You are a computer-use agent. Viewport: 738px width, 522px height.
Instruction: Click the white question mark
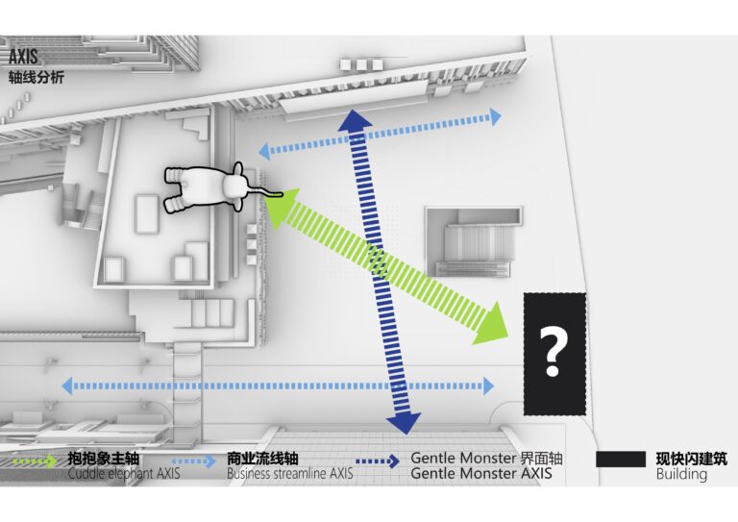(x=553, y=351)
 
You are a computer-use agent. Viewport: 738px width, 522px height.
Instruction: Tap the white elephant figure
(x=217, y=187)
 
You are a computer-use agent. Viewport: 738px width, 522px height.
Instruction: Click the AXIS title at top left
(x=23, y=57)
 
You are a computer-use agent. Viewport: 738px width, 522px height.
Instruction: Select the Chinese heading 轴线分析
(x=37, y=78)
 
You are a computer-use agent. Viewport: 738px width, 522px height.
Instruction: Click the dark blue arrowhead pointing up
(x=355, y=120)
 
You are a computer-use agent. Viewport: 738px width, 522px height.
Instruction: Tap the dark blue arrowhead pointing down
(x=404, y=424)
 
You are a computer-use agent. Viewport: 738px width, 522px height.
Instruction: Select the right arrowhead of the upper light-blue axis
(x=495, y=116)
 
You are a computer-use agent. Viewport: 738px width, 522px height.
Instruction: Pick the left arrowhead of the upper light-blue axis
(x=264, y=151)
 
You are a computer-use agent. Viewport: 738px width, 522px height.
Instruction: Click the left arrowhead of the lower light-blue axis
(x=68, y=385)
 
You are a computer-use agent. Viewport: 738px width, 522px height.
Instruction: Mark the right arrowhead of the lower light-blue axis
(x=488, y=385)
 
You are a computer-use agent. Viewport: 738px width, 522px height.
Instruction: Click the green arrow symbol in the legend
(x=34, y=461)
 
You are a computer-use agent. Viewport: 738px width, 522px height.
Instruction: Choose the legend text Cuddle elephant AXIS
(x=124, y=474)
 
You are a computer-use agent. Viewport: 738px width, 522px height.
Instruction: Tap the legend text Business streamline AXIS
(x=290, y=474)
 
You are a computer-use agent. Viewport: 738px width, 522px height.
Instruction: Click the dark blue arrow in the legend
(x=378, y=461)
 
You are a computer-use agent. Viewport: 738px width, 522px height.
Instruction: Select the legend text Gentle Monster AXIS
(x=481, y=474)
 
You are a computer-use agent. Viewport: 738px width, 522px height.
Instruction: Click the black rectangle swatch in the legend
(x=621, y=459)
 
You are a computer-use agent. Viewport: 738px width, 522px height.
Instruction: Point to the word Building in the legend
(x=681, y=475)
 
